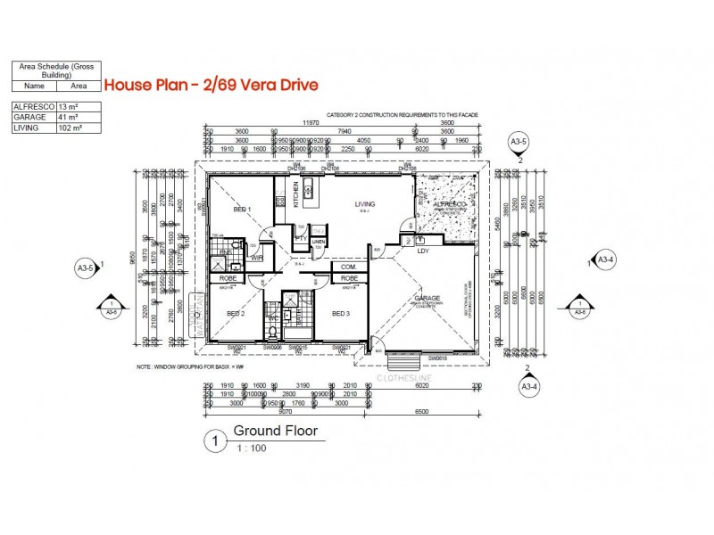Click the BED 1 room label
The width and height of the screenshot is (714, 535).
(242, 210)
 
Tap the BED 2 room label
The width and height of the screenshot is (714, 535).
(236, 313)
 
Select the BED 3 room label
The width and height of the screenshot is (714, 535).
(340, 313)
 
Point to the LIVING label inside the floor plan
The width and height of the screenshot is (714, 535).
(364, 204)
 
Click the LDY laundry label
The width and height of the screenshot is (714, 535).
(423, 251)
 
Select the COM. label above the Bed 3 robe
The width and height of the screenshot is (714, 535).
(348, 266)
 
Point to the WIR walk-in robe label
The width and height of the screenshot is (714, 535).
(257, 258)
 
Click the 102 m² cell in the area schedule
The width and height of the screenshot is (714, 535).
(77, 128)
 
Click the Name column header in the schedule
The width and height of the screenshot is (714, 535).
(34, 86)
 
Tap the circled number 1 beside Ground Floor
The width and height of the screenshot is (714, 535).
(213, 440)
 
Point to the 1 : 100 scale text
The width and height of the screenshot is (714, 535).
(251, 449)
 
